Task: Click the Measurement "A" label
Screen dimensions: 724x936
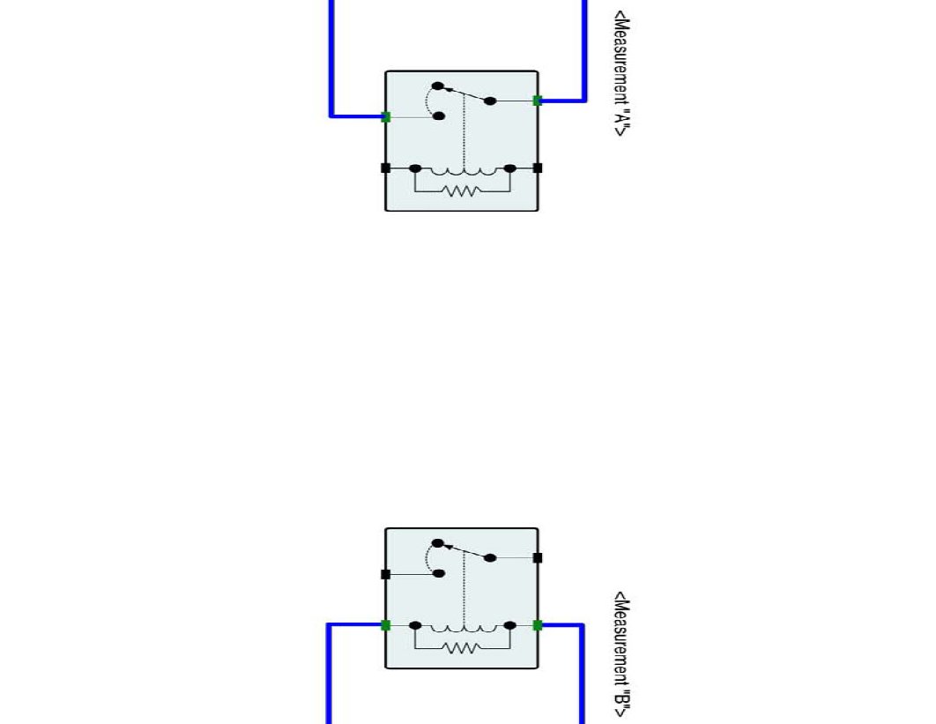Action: click(x=622, y=73)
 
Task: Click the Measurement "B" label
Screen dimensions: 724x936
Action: click(x=622, y=654)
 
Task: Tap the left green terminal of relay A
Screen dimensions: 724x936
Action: click(x=386, y=116)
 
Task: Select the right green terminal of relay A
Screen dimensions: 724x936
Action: click(x=538, y=101)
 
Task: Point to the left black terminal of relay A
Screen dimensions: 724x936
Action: click(x=385, y=168)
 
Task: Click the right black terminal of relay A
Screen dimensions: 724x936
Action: click(x=538, y=168)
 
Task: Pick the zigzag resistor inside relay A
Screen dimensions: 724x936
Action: click(x=462, y=190)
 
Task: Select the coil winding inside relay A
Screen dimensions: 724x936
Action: click(x=462, y=171)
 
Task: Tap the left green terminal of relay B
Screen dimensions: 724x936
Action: click(x=386, y=625)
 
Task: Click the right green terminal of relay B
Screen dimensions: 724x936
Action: click(x=538, y=625)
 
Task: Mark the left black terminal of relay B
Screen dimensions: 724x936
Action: click(x=385, y=574)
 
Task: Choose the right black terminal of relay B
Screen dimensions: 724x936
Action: click(x=538, y=557)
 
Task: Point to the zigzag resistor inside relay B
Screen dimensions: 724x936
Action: click(x=462, y=648)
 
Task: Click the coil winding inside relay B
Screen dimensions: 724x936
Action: click(x=462, y=629)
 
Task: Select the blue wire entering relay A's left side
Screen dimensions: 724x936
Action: click(x=331, y=62)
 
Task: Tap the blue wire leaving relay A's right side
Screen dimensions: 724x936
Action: click(x=583, y=53)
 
